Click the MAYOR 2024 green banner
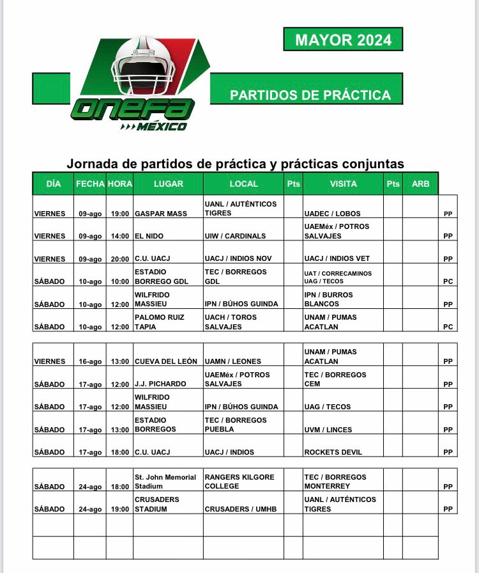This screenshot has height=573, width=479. (343, 40)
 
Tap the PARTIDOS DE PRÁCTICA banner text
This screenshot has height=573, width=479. (310, 95)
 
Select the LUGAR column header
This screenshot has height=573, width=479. (168, 184)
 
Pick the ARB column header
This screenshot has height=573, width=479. (421, 184)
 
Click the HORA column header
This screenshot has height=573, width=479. (119, 184)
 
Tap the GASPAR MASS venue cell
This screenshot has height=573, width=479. (161, 214)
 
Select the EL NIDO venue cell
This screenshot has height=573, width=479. (149, 236)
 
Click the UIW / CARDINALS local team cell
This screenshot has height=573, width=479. (235, 236)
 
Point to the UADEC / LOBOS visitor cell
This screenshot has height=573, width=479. (332, 214)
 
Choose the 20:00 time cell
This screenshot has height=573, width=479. (119, 259)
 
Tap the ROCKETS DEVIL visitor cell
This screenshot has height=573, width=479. (333, 452)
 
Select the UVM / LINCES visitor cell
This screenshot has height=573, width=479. (328, 430)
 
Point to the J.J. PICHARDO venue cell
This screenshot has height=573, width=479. (160, 384)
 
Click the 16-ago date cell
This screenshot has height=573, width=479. (90, 361)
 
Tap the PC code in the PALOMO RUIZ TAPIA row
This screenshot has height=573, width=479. (448, 327)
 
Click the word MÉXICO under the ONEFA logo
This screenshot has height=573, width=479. (161, 127)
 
